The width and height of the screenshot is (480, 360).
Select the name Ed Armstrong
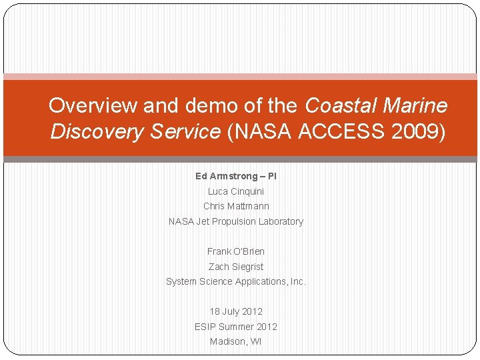(x=226, y=176)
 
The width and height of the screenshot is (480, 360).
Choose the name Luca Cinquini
(x=236, y=191)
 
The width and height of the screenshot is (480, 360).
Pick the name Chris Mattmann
(x=236, y=206)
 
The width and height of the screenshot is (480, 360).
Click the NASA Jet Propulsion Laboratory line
(x=236, y=221)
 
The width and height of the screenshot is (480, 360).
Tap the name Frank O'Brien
(x=236, y=251)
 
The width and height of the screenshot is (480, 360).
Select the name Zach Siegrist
(x=236, y=267)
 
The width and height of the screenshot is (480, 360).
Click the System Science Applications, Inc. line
(x=236, y=281)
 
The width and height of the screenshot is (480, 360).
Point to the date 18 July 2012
(x=236, y=311)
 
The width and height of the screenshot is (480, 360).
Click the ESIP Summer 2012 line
(x=236, y=327)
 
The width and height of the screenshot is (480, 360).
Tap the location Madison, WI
(x=236, y=341)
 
